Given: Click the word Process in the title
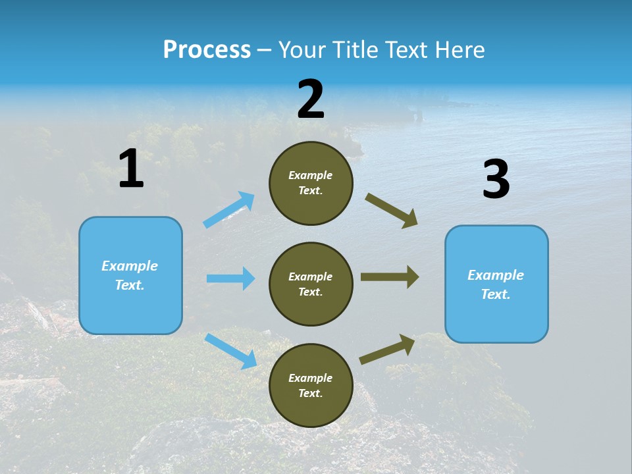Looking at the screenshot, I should [207, 50].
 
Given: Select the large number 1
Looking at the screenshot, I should [131, 169].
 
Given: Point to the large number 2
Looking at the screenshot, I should [311, 100].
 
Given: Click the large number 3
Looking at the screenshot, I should [496, 180].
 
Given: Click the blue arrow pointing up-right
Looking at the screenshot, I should [229, 209].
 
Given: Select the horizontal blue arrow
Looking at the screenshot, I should [230, 278].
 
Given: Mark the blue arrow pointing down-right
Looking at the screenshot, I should [230, 351].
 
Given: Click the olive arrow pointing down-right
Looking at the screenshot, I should [392, 211].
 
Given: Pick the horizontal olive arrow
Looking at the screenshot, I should [390, 277].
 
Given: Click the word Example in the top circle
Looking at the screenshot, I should [311, 176].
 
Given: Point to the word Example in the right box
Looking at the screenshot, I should [496, 275].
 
